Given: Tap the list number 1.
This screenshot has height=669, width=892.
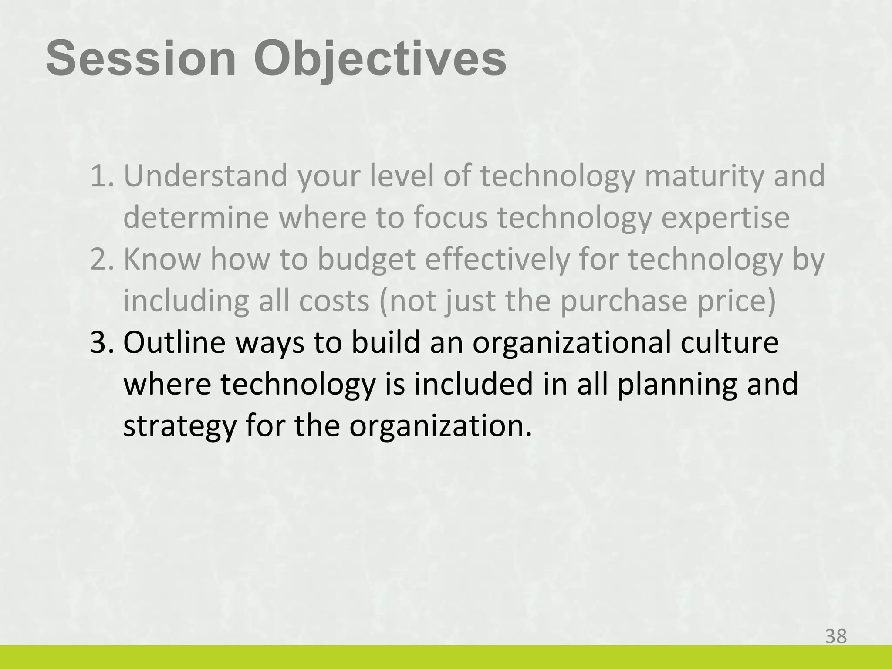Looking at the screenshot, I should pyautogui.click(x=101, y=176).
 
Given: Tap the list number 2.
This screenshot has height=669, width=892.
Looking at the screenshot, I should pyautogui.click(x=101, y=260).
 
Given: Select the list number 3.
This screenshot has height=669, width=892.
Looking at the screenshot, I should pyautogui.click(x=101, y=343).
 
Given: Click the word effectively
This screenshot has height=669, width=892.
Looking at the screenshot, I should pyautogui.click(x=497, y=260).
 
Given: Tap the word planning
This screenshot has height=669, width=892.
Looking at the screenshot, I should pyautogui.click(x=677, y=385).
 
